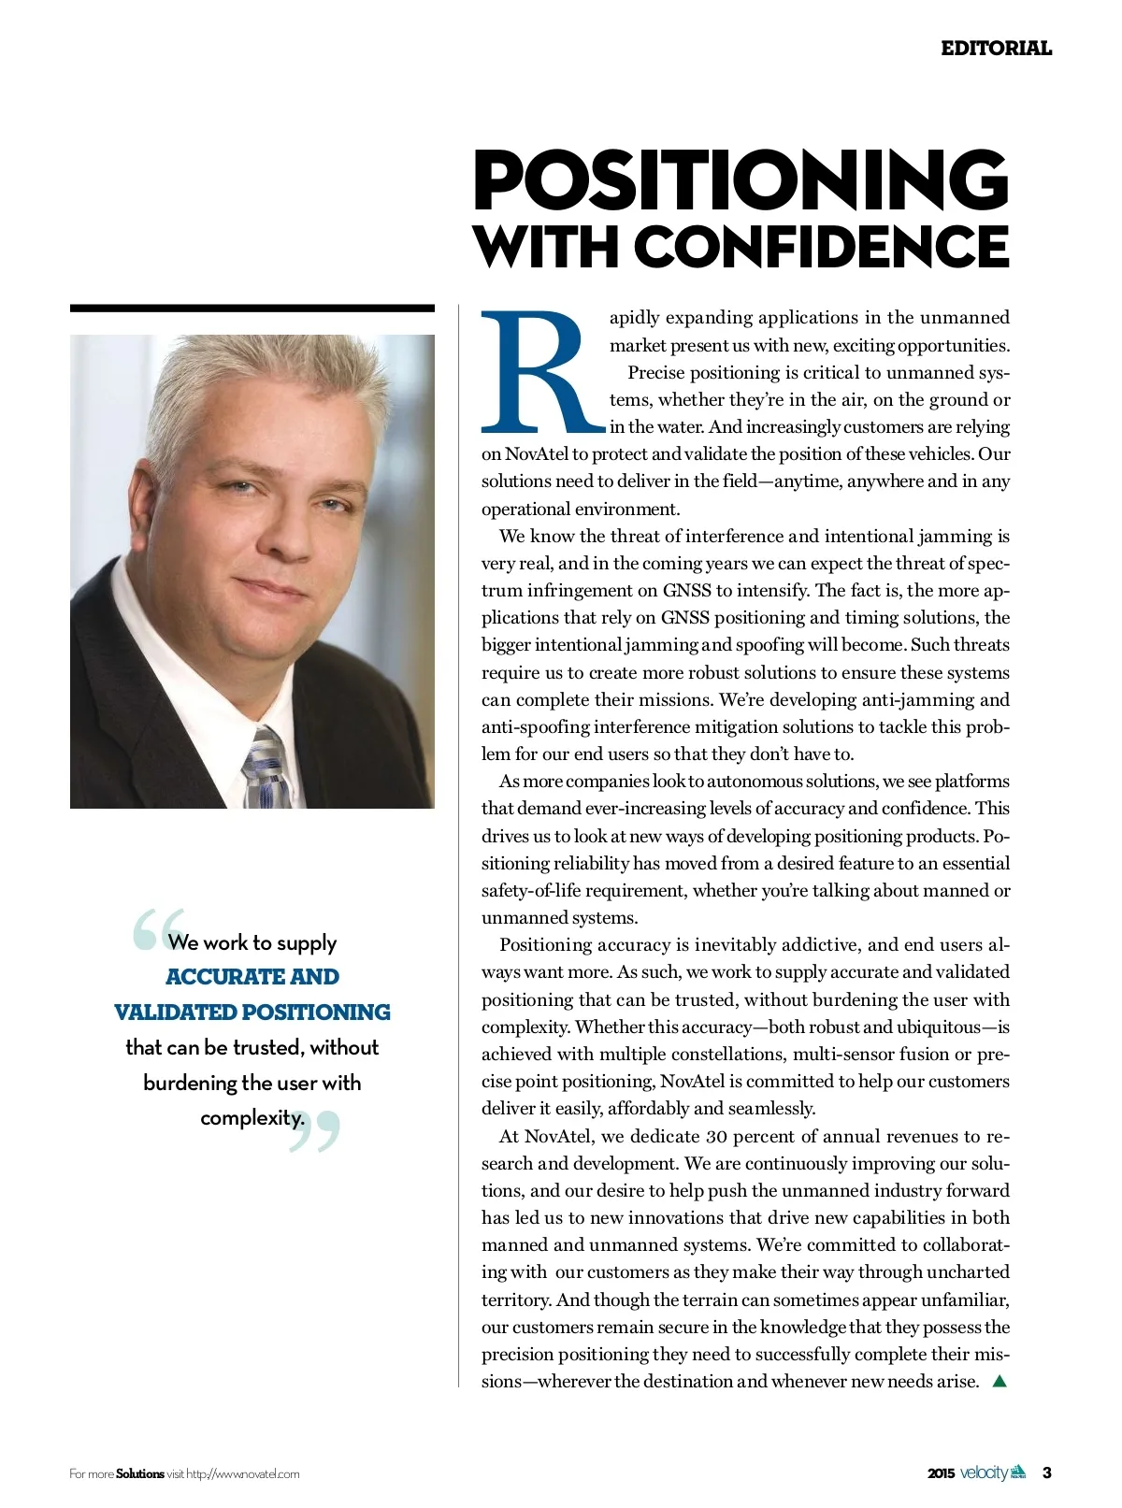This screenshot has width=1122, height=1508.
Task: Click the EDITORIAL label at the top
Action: point(996,48)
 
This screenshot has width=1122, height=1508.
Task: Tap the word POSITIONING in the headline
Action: point(741,180)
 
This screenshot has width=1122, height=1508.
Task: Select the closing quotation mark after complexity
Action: point(312,1131)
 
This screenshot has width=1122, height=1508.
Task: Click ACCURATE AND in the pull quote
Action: point(252,977)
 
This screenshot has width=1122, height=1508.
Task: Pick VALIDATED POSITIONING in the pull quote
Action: point(252,1013)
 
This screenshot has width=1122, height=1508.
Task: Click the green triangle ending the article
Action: point(999,1381)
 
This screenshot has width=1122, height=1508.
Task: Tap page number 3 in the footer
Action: point(1047,1473)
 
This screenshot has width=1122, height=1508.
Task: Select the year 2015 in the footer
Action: point(942,1474)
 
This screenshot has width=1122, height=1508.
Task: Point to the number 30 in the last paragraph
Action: point(716,1137)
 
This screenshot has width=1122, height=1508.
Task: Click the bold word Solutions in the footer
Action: point(140,1474)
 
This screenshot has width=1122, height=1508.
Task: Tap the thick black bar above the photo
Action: point(252,308)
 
